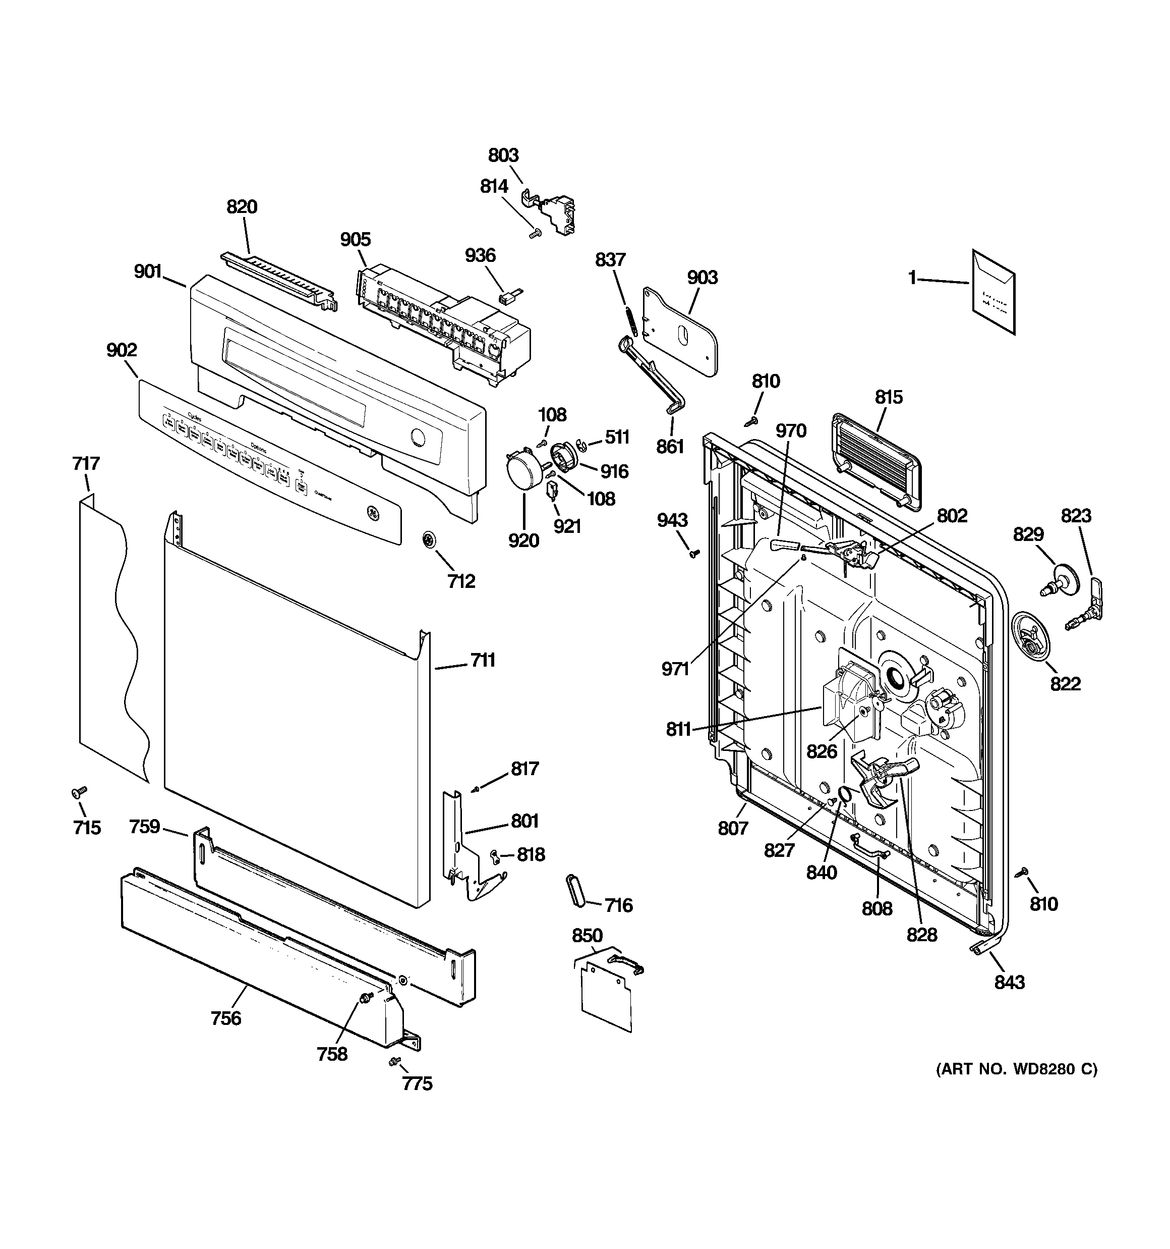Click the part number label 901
[x=148, y=271]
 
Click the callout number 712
[x=461, y=581]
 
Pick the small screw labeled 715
[x=79, y=793]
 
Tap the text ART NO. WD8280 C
[x=1016, y=1069]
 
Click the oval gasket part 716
[x=575, y=890]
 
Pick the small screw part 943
[x=694, y=554]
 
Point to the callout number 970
[x=791, y=430]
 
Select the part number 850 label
[x=587, y=935]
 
